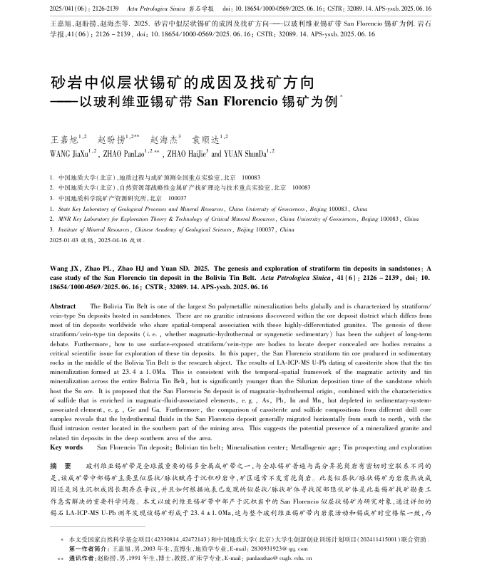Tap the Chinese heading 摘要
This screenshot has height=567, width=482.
[x=59, y=463]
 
